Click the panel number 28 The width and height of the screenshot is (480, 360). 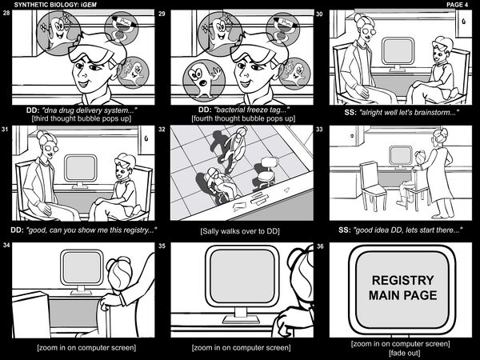[x=6, y=13]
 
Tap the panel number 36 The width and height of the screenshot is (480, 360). [x=320, y=246]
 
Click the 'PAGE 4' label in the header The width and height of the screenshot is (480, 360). [x=457, y=5]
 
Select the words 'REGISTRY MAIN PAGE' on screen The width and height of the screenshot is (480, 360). [x=402, y=288]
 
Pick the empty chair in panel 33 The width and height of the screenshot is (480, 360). [x=373, y=186]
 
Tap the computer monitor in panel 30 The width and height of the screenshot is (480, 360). [x=398, y=54]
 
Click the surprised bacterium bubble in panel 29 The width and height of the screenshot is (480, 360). [x=204, y=80]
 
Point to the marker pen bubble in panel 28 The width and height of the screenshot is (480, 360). [x=122, y=28]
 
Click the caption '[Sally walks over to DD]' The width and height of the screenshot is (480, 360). [x=240, y=231]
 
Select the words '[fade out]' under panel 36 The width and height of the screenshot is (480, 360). [x=404, y=354]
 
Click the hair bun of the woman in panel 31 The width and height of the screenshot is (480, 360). [x=42, y=135]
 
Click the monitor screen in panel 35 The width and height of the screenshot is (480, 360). [x=242, y=276]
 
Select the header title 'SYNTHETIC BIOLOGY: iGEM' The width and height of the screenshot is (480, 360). [x=55, y=5]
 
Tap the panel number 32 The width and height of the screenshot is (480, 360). [x=162, y=129]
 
